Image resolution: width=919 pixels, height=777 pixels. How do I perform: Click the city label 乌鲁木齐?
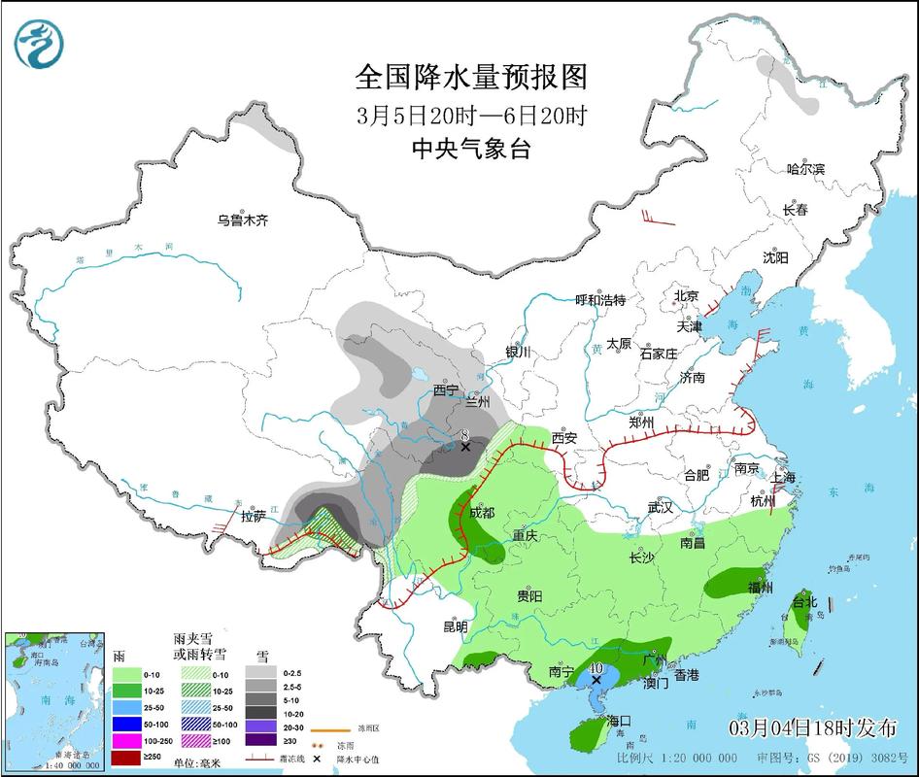(x=242, y=220)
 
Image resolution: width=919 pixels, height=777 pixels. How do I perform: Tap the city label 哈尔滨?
(x=805, y=169)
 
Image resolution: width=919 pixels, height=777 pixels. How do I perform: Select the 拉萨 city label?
(x=254, y=516)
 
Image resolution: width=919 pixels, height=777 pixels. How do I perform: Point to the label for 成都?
(x=482, y=512)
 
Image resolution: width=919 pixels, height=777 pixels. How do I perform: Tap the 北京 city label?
(x=687, y=295)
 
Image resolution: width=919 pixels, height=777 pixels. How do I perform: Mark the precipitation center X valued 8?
(x=465, y=447)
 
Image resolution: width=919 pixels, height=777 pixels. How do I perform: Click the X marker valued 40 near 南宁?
(x=596, y=680)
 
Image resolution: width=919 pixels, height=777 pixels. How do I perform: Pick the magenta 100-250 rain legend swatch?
(x=125, y=738)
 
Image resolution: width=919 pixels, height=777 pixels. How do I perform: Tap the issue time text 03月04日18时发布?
(x=811, y=728)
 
